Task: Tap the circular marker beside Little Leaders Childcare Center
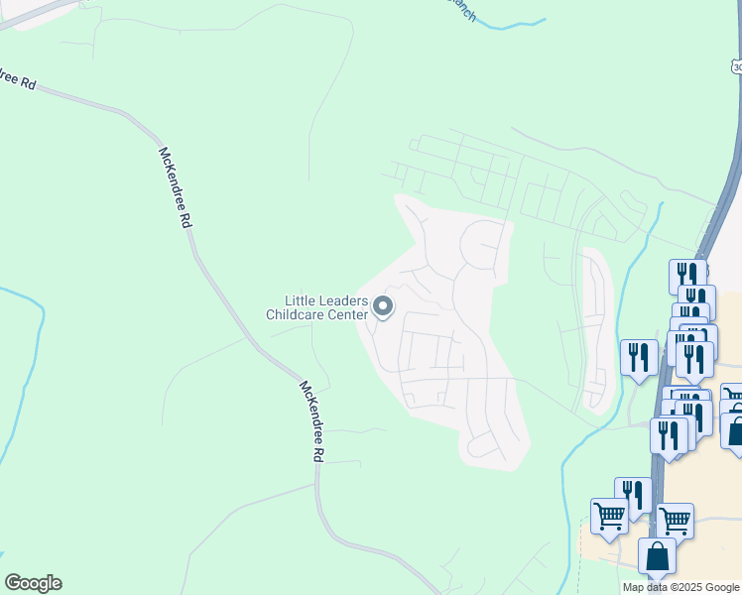384,308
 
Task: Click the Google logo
33,583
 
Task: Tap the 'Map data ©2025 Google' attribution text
681,587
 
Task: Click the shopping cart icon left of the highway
608,515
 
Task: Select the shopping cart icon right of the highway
675,519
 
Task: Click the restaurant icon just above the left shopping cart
633,494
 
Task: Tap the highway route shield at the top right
735,65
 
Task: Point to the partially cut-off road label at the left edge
18,80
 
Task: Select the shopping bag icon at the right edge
734,431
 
